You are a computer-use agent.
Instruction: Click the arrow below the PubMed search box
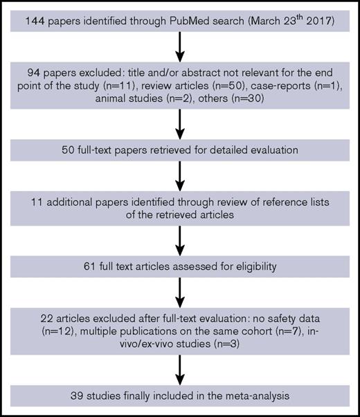point(179,48)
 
